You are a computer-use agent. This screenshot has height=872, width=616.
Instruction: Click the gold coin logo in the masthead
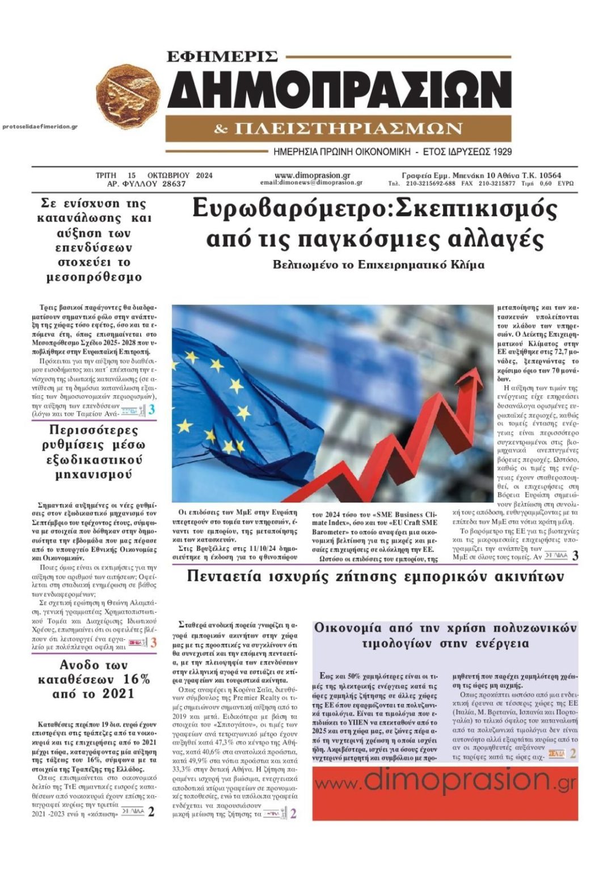tap(127, 96)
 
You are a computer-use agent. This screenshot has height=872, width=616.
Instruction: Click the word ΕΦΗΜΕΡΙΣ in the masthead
tap(222, 56)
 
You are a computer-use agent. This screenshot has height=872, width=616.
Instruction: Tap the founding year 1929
tap(500, 152)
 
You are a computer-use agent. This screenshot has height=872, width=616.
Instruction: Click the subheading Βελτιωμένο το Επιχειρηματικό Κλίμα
tap(378, 265)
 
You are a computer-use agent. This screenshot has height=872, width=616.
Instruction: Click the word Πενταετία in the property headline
tap(227, 577)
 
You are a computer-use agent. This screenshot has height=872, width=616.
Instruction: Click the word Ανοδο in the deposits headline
tap(83, 665)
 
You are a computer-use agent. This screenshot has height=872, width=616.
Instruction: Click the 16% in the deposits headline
tap(136, 679)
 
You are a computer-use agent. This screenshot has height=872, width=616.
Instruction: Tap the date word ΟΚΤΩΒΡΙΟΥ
tap(169, 175)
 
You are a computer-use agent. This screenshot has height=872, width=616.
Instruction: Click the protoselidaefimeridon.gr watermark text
tap(40, 127)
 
